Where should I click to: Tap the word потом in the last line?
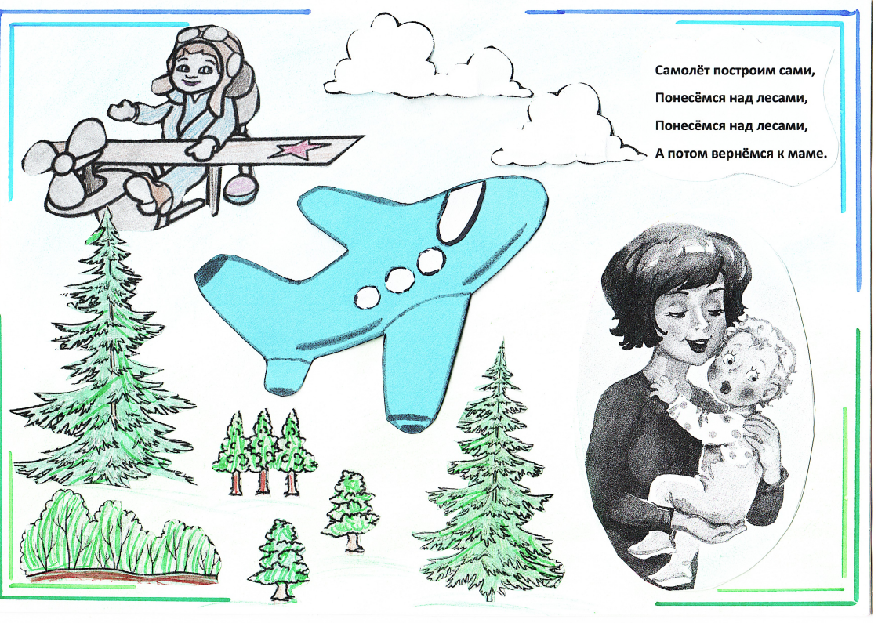[x=687, y=154]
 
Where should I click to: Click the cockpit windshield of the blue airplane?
[x=461, y=212]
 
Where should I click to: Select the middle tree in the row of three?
[x=262, y=451]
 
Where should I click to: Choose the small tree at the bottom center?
[x=280, y=559]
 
